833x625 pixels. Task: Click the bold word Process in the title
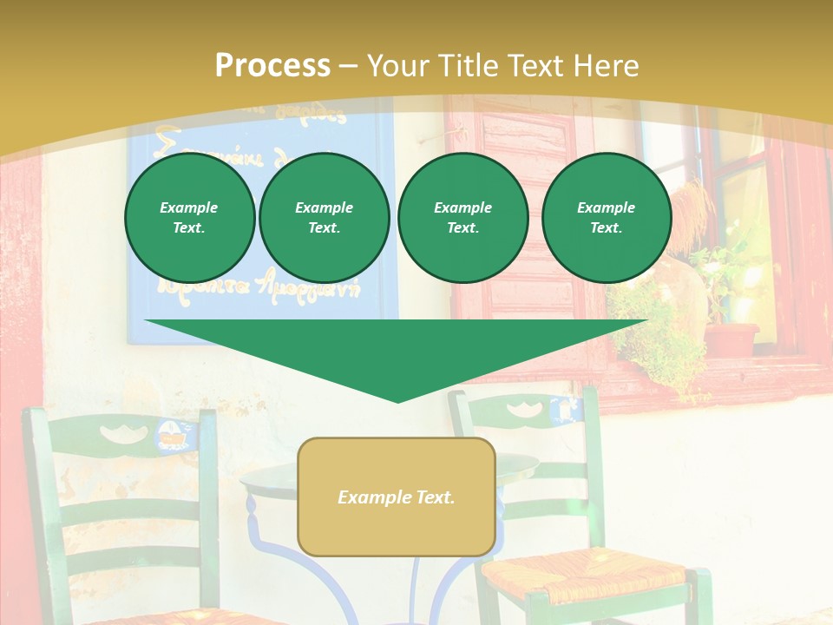click(x=272, y=65)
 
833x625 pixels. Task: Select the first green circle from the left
click(x=189, y=217)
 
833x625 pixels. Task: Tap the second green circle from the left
click(x=325, y=217)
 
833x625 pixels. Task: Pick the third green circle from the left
click(x=462, y=217)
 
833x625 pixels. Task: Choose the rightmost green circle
click(x=607, y=217)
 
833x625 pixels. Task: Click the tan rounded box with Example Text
click(x=397, y=497)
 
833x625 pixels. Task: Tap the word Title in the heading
click(x=471, y=65)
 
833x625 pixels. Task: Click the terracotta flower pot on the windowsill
click(x=731, y=339)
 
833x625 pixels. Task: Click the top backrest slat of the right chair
click(x=521, y=409)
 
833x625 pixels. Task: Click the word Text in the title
click(x=538, y=65)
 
